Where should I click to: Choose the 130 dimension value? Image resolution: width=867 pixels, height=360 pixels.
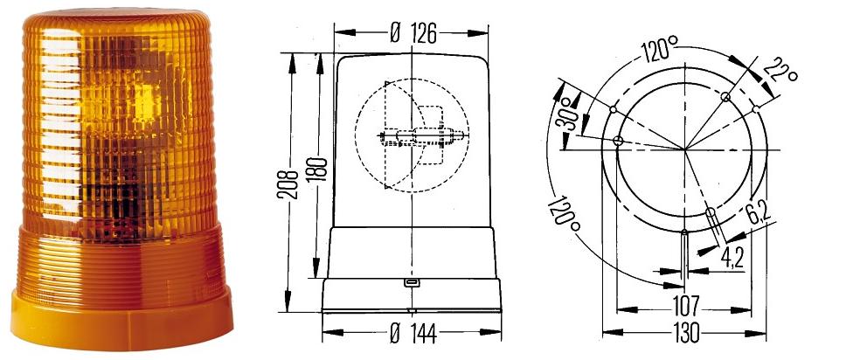click(685, 332)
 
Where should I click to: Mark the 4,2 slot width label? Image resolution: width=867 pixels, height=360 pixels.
click(732, 258)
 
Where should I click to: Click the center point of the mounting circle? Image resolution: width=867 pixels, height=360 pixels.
click(685, 148)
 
